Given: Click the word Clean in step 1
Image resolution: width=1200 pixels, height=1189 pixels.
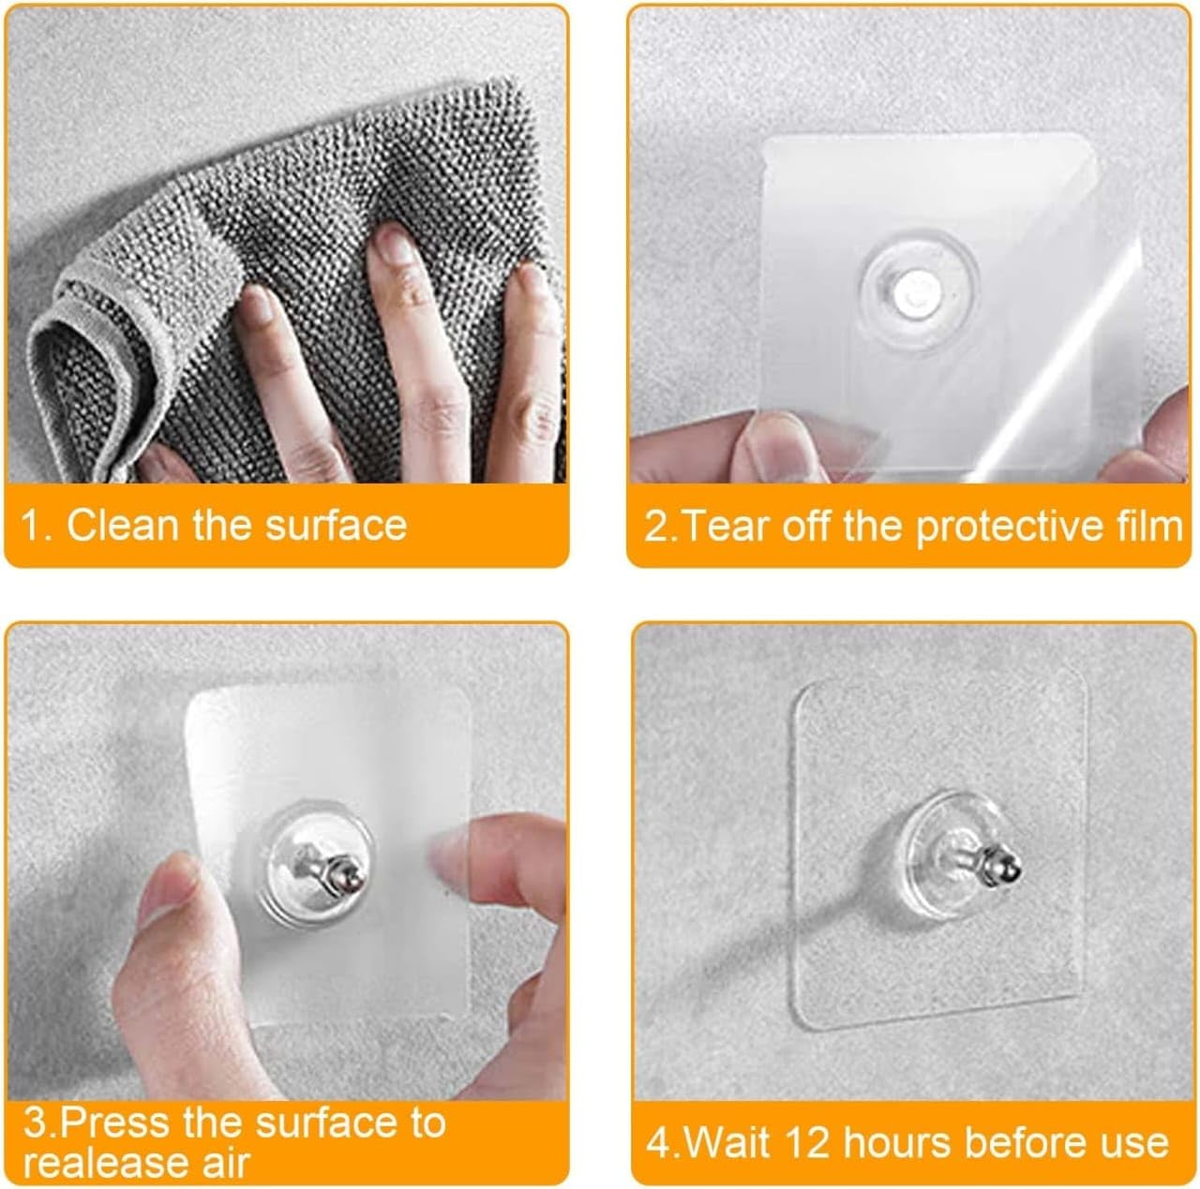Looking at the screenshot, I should (x=123, y=525).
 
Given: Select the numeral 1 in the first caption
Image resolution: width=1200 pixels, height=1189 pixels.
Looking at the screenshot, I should (x=34, y=525).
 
